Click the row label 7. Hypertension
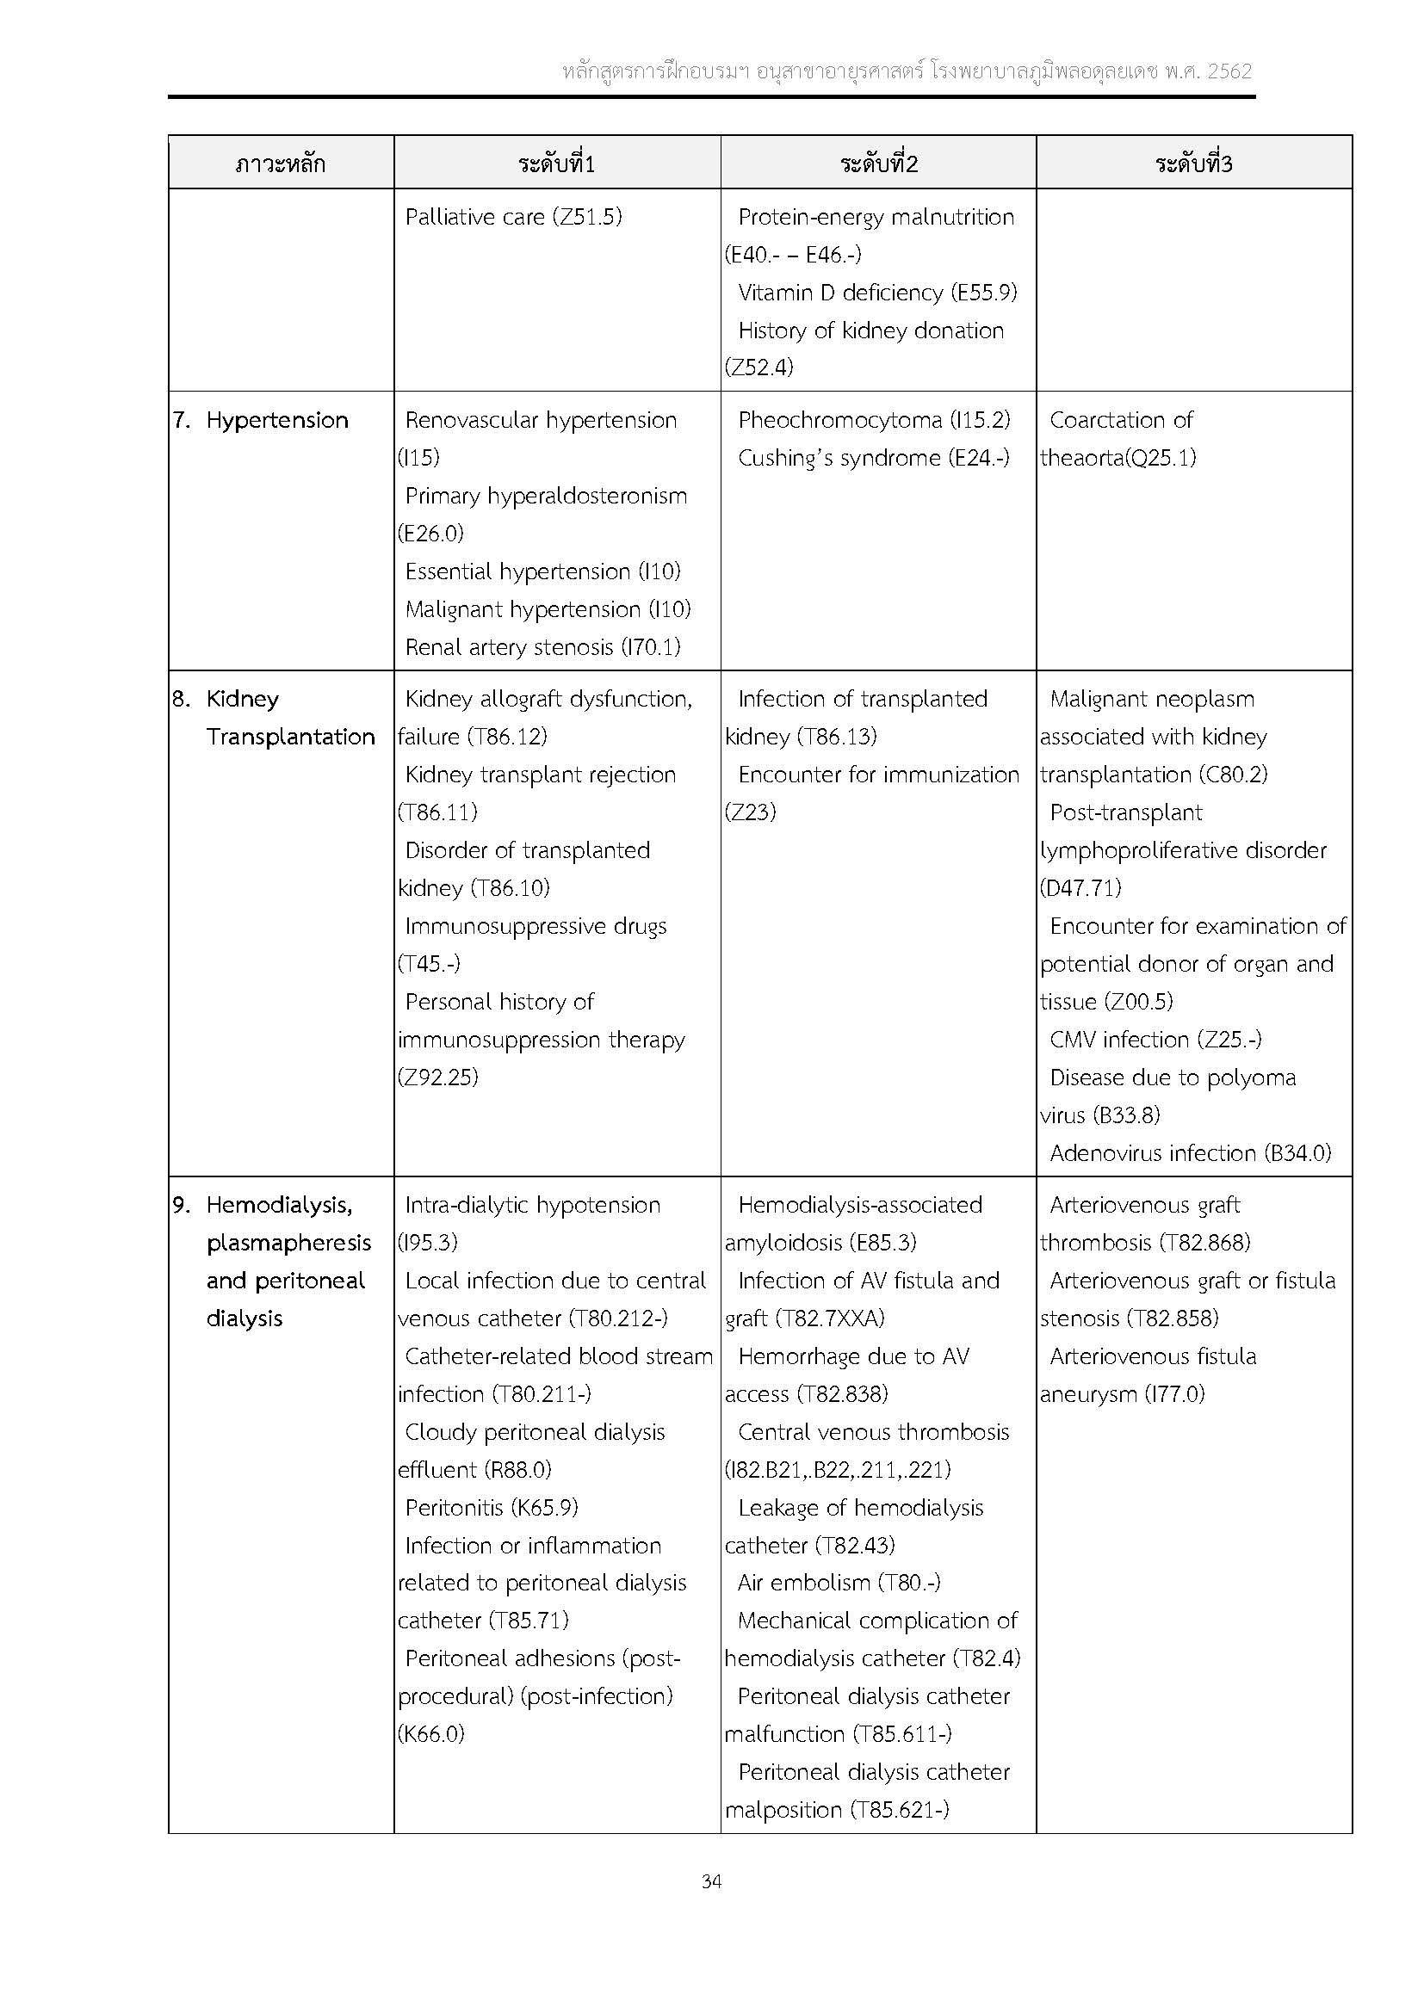click(x=260, y=420)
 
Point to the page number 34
click(x=711, y=1880)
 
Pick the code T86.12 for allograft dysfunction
click(x=508, y=737)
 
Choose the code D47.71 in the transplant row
click(x=1080, y=888)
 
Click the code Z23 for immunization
click(x=751, y=812)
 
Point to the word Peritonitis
click(x=453, y=1507)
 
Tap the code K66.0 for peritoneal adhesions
click(x=431, y=1733)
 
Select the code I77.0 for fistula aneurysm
click(x=1175, y=1394)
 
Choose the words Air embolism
click(x=803, y=1583)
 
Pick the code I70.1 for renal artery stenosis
click(x=651, y=647)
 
